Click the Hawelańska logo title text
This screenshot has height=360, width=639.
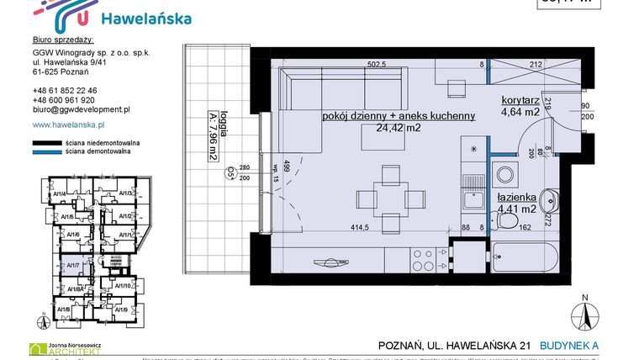point(145,19)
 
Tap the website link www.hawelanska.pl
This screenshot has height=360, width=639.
point(72,124)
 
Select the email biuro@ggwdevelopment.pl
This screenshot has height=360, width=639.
point(81,109)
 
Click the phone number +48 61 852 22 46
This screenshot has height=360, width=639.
point(65,91)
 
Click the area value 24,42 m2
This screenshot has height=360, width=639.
point(399,129)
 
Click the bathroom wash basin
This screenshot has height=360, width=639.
point(549,200)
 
